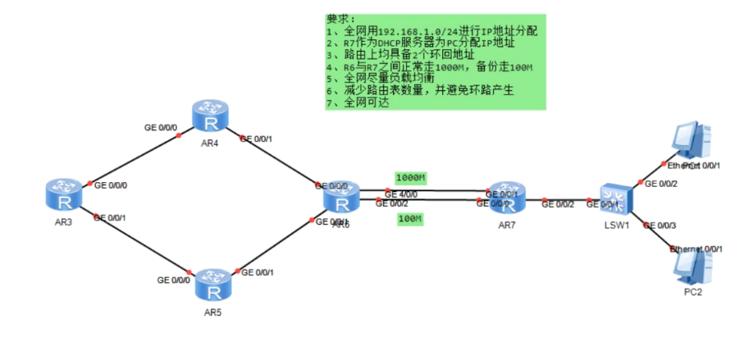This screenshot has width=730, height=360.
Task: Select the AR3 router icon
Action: click(x=65, y=194)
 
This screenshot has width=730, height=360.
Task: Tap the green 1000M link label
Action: click(x=411, y=178)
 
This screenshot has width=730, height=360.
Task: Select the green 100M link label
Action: click(x=409, y=219)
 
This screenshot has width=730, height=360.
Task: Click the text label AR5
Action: click(x=213, y=312)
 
